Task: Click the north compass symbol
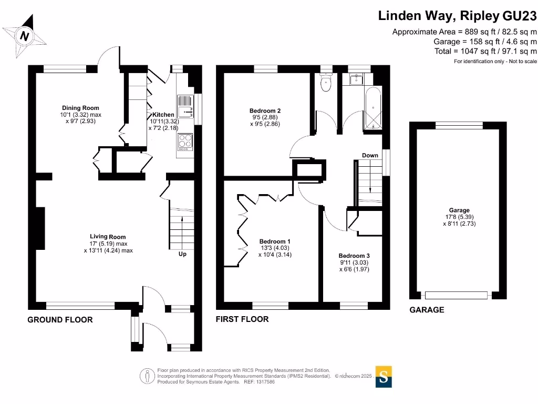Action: pos(24,36)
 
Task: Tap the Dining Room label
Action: pos(80,108)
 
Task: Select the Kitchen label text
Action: pos(163,115)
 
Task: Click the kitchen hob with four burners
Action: pos(185,142)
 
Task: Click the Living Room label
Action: pos(108,237)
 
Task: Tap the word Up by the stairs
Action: pos(183,254)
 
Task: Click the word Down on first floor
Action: pos(370,155)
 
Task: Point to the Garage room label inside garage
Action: pos(459,210)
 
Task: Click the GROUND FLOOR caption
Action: pos(60,320)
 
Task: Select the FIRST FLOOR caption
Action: pos(242,319)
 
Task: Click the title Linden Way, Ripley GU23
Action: pos(458,16)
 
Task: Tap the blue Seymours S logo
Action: pos(384,377)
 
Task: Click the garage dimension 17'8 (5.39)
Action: pos(459,217)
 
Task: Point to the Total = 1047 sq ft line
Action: pos(485,51)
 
